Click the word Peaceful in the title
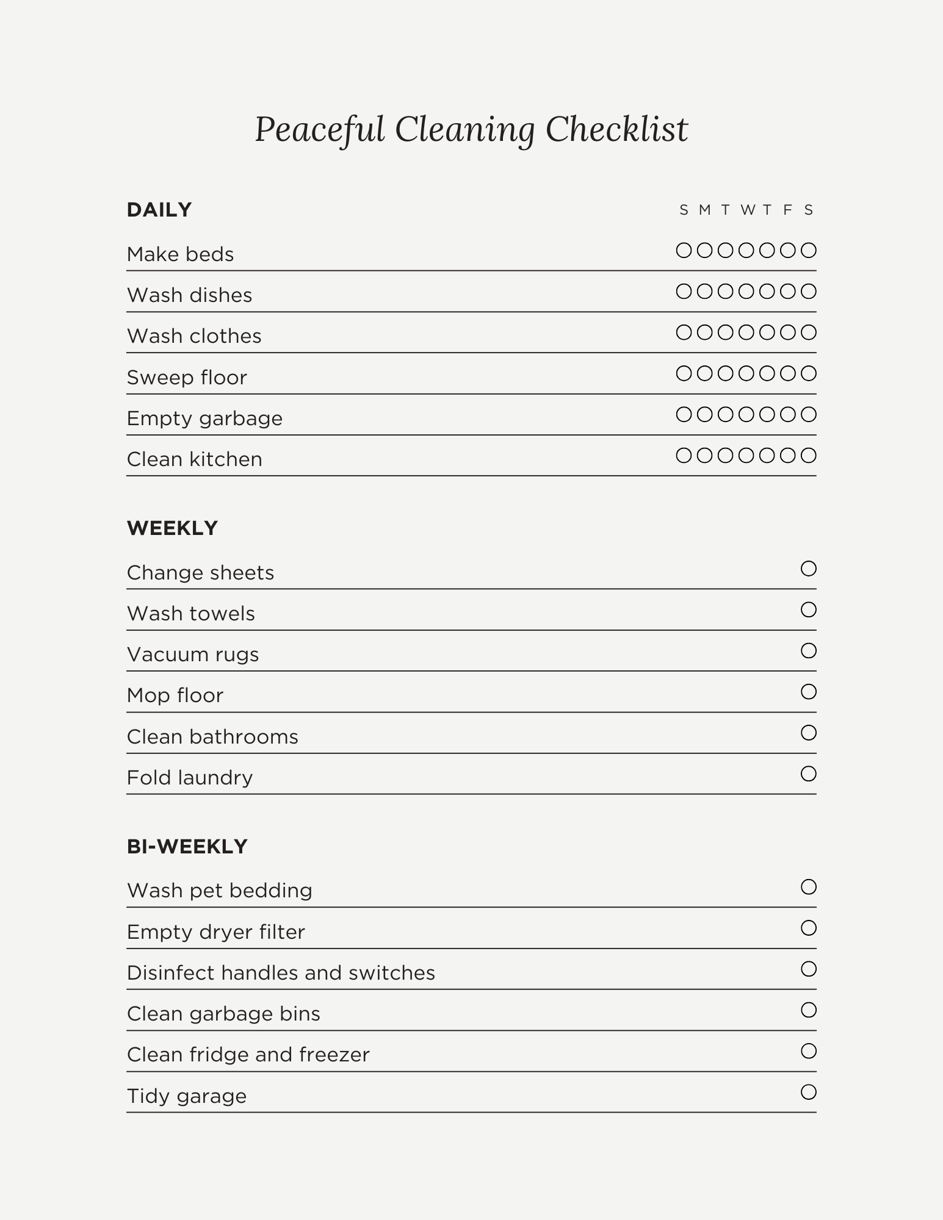[319, 130]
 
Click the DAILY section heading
[159, 210]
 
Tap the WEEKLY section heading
[172, 528]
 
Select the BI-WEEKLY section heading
[187, 847]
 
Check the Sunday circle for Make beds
[684, 250]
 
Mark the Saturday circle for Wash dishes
[808, 292]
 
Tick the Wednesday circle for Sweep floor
[746, 373]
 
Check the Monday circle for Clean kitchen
[704, 455]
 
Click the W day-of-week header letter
[747, 210]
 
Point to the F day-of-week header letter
[787, 210]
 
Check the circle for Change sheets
[808, 569]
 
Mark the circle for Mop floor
[808, 692]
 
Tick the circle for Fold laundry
[808, 773]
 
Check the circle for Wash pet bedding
[808, 887]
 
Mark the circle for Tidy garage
[808, 1092]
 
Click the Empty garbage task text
[204, 418]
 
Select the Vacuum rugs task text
[193, 655]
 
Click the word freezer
[339, 1055]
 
